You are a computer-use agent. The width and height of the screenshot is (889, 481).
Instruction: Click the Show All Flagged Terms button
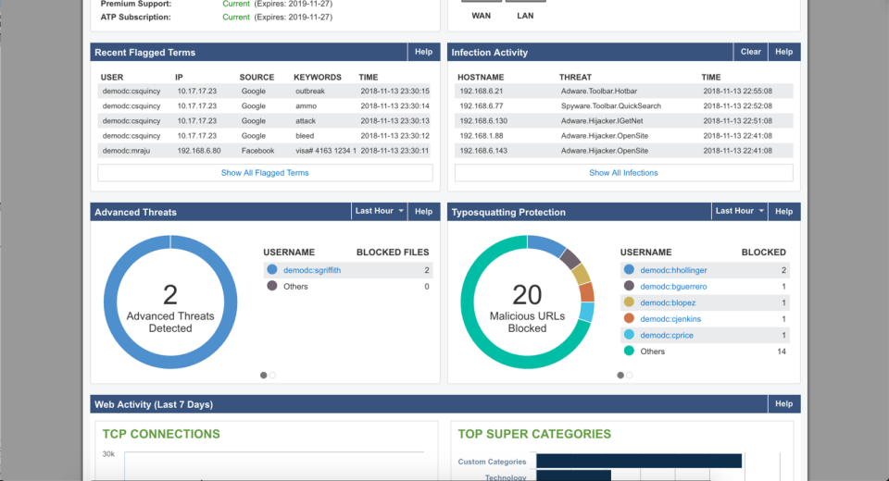265,173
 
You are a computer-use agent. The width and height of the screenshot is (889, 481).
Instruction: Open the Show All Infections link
623,173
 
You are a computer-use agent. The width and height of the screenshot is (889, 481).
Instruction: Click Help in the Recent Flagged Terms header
423,53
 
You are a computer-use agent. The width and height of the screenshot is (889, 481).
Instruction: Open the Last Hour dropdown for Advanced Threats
380,212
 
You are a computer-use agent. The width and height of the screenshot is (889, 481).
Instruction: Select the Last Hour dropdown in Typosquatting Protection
740,212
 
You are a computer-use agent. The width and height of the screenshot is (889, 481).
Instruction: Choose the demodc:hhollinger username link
673,270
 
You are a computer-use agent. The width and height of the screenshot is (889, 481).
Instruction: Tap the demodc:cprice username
666,335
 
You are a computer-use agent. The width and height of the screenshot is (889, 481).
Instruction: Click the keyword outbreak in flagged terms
310,92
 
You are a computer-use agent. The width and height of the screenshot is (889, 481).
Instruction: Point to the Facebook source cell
257,151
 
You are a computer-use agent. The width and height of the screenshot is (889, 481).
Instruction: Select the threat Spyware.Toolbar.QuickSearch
611,106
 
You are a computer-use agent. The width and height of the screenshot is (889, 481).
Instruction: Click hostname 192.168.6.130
483,121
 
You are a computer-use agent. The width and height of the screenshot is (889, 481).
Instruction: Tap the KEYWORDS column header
318,78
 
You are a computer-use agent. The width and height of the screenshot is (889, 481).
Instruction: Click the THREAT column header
575,78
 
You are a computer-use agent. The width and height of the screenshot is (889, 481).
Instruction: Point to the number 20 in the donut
527,294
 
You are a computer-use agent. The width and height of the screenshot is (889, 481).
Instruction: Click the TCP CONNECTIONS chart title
161,434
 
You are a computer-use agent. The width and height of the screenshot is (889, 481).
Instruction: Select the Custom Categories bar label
492,462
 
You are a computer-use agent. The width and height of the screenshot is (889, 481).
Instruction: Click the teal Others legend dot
629,351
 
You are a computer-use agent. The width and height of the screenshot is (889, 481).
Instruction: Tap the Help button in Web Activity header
783,404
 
